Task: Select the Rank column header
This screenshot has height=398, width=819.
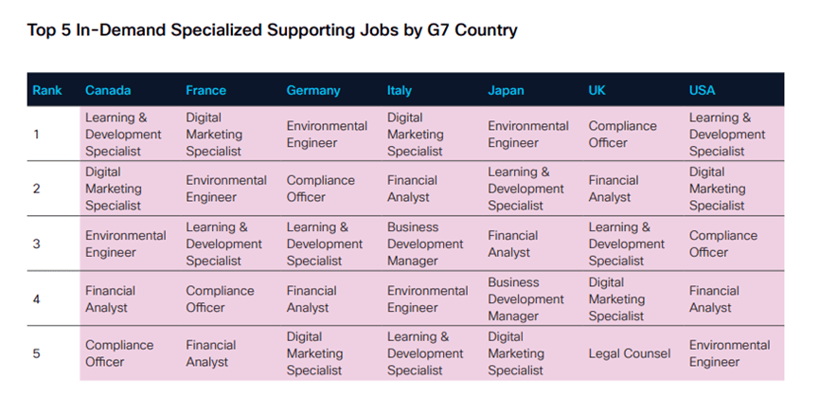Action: coord(47,91)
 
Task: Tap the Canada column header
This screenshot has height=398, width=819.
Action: coord(108,91)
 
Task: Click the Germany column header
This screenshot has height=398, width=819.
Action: coord(313,91)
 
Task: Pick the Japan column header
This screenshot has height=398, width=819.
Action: coord(506,91)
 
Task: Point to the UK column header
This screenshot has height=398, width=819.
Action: coord(597,91)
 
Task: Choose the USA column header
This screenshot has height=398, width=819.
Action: coord(703,91)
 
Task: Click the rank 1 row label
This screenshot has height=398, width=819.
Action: coord(37,135)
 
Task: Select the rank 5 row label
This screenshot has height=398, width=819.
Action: coord(37,353)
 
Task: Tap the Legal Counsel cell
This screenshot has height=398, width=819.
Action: coord(630,353)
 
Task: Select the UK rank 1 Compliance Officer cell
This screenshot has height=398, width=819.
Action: coord(622,135)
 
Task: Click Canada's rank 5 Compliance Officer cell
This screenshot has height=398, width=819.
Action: coord(119,353)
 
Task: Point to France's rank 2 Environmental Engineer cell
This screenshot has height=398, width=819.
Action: coord(226,189)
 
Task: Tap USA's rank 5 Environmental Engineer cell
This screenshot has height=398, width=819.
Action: coord(729,353)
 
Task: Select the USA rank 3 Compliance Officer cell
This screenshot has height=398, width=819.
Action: coord(722,244)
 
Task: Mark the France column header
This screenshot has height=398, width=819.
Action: coord(206,91)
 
